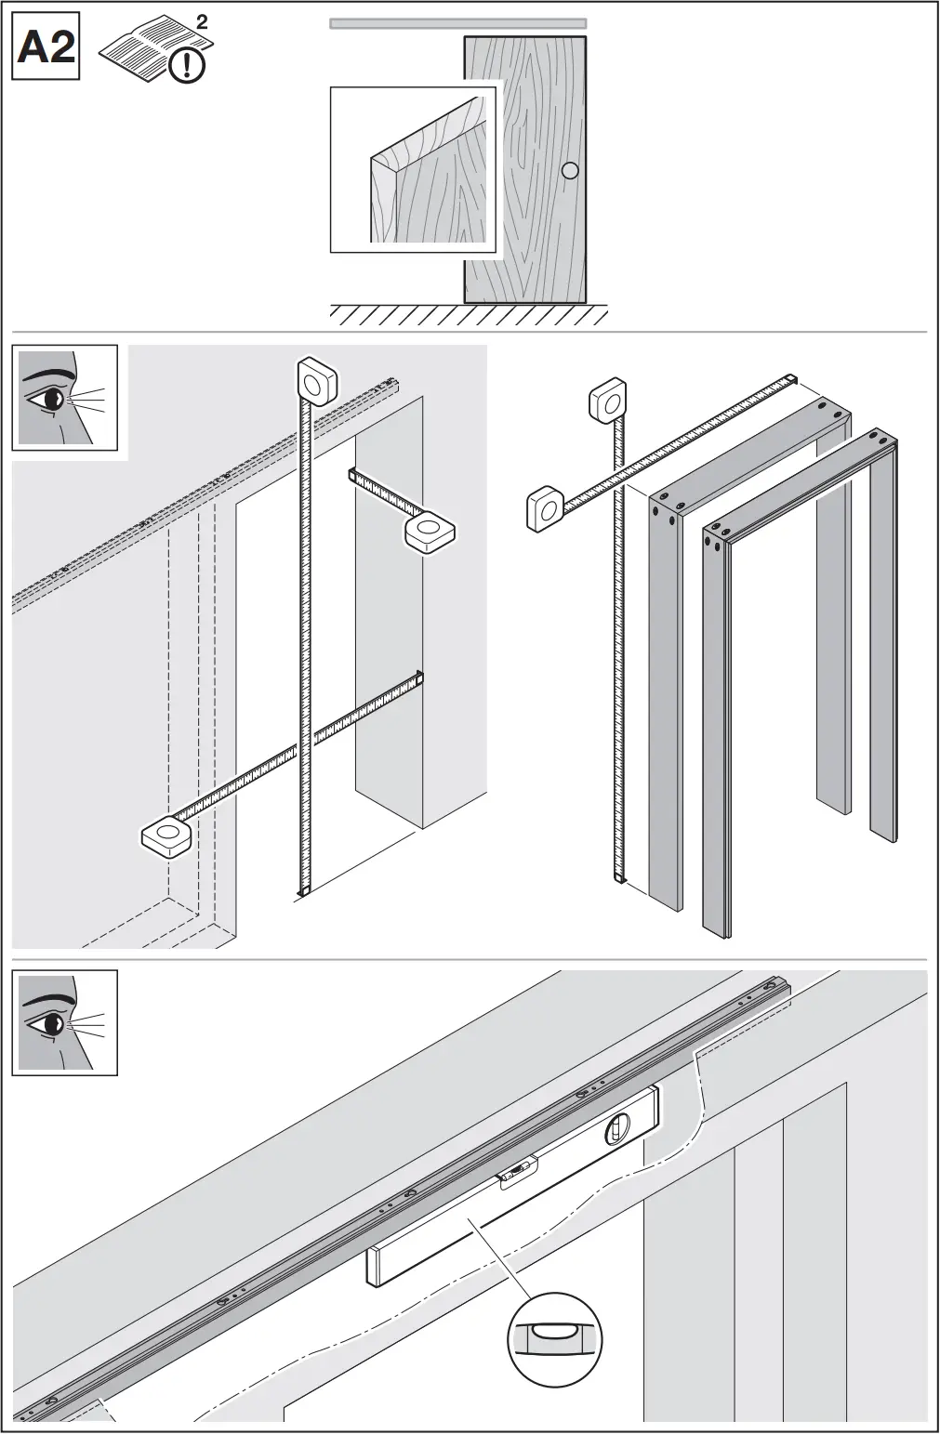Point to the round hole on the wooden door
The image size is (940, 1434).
(571, 170)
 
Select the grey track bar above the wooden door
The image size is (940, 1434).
(457, 24)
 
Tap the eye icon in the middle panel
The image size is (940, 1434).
(64, 398)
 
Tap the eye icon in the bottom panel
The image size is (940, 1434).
(64, 1022)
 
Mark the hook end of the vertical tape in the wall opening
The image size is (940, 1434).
(303, 892)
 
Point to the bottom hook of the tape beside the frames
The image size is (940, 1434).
(619, 876)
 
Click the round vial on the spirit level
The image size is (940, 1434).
(617, 1130)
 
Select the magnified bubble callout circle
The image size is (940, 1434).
(554, 1338)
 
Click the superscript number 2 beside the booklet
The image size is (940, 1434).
(203, 22)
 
